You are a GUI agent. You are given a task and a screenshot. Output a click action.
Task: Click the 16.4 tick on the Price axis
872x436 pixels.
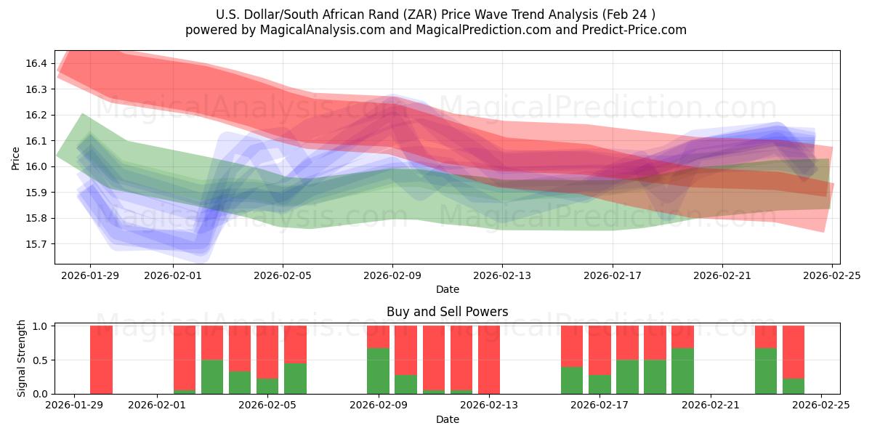(x=36, y=64)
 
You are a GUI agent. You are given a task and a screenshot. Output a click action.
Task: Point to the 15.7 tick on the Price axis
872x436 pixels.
(x=36, y=244)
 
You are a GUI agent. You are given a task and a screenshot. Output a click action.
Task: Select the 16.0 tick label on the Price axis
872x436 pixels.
(x=36, y=166)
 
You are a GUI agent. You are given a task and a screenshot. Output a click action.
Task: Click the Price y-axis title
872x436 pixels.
(x=15, y=158)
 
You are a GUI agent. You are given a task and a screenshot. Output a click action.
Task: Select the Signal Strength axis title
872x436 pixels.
(x=22, y=358)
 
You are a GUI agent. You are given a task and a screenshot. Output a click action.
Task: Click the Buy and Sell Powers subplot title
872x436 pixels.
(x=447, y=312)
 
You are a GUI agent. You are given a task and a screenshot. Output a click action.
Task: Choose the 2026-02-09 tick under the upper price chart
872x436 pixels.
(x=392, y=275)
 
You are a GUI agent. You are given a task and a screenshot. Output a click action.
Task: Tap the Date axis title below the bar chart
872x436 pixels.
(x=447, y=419)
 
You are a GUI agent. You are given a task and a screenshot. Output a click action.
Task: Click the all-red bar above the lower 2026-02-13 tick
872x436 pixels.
(x=489, y=360)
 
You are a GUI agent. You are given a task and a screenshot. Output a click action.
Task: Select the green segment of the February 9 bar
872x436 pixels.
(x=378, y=371)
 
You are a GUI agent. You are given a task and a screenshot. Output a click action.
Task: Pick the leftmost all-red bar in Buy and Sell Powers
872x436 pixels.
(x=101, y=360)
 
